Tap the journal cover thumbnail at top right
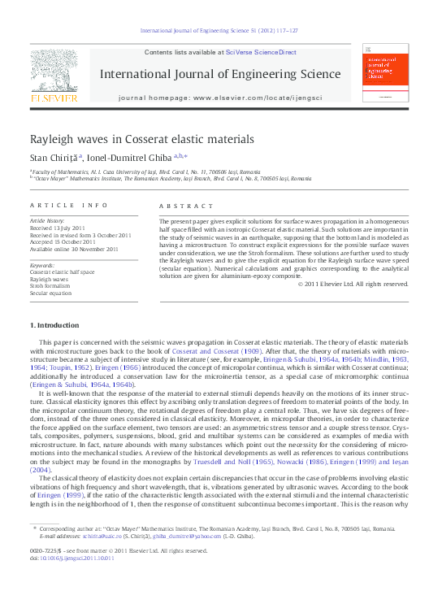point(385,76)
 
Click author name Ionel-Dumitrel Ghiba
point(125,156)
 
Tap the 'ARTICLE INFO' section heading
point(68,206)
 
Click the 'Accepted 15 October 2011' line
point(63,242)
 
